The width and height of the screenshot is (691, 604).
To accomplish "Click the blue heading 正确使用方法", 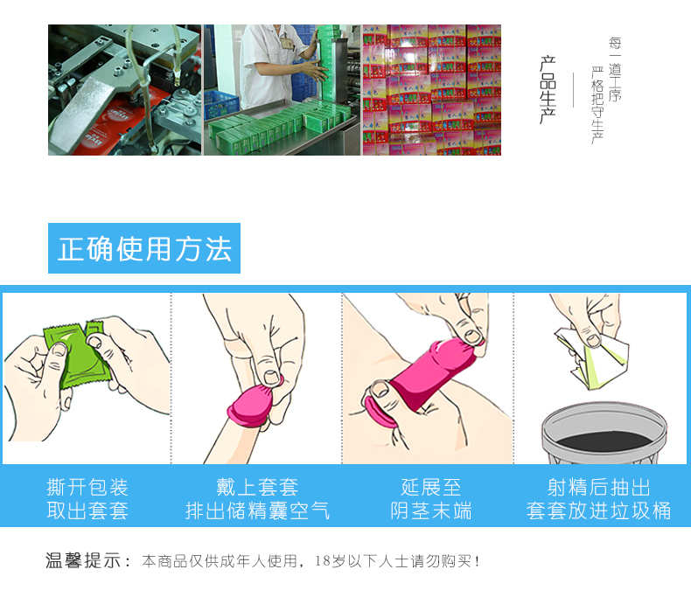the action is click(144, 249).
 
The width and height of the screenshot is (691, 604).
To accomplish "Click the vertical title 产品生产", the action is click(548, 90).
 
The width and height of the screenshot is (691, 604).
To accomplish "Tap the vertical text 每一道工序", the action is click(615, 70).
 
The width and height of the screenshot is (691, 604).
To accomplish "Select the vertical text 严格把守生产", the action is click(597, 106).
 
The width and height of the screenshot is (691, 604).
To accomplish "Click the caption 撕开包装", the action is click(87, 488).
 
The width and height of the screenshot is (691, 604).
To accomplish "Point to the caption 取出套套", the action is click(87, 510).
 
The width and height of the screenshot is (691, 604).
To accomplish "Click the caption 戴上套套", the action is click(257, 488).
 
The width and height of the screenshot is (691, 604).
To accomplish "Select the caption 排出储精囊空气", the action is click(257, 510).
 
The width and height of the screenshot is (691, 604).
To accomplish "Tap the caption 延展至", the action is click(430, 488).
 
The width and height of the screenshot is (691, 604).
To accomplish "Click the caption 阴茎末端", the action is click(430, 510).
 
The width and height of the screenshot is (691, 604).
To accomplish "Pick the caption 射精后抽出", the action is click(598, 488).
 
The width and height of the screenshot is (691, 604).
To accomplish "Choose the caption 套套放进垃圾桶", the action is click(598, 510).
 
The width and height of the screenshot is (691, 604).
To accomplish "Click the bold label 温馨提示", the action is click(83, 561).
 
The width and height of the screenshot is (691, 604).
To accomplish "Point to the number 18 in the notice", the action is click(322, 561).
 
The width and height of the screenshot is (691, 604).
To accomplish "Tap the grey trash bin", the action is click(604, 434).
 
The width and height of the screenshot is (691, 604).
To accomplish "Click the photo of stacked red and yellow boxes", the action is click(432, 90).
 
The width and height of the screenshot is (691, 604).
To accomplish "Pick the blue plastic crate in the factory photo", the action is click(220, 105).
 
